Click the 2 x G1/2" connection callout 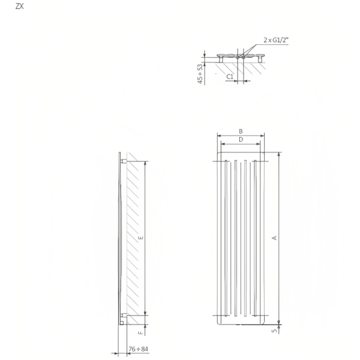(275, 41)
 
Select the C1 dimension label (229, 76)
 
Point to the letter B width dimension (241, 131)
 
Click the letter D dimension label (241, 140)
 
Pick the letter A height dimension (275, 238)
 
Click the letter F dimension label (140, 331)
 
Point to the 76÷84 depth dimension (139, 349)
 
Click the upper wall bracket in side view (124, 160)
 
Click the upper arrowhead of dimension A (279, 154)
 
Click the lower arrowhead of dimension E (145, 313)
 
